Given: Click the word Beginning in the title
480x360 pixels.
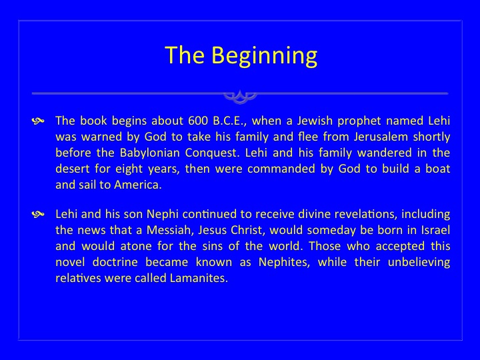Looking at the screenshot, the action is pos(264,56).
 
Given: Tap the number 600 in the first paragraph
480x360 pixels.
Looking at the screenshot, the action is pos(198,121).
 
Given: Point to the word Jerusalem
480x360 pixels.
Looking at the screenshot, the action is pos(381,137).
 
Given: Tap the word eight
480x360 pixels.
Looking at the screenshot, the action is pos(129,169).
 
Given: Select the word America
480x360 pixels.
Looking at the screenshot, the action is pos(138,185).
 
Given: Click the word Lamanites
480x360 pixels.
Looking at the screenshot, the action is pos(199,278).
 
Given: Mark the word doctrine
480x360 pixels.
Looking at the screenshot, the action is pos(115,262).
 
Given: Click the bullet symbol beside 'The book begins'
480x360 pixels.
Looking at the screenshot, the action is pos(38,121).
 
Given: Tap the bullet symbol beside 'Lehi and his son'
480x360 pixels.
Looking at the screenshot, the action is pos(38,215).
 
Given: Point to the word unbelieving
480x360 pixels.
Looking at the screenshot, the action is pos(419,263).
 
